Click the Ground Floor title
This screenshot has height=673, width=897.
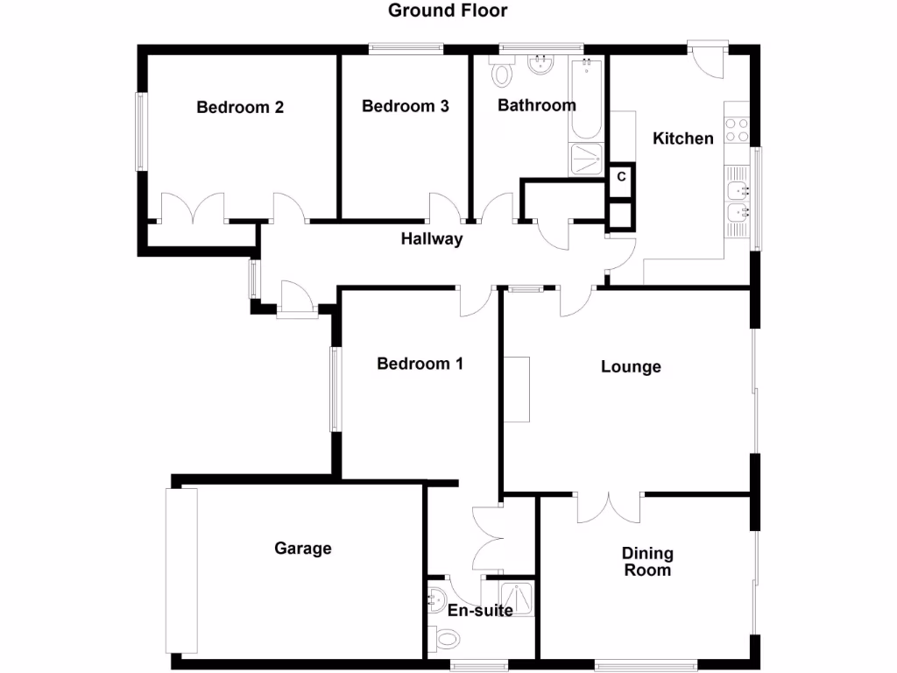click(x=448, y=11)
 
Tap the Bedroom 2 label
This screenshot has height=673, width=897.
click(x=240, y=108)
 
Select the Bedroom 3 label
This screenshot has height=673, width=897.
click(x=406, y=107)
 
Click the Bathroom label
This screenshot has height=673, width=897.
click(x=537, y=106)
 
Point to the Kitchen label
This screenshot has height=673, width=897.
click(x=683, y=138)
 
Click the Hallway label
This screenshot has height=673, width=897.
click(x=432, y=239)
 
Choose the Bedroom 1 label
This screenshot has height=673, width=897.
click(x=420, y=364)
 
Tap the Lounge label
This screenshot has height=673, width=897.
click(x=631, y=367)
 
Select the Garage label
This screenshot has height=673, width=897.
click(x=303, y=549)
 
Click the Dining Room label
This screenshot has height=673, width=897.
click(x=647, y=562)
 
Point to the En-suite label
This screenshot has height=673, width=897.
click(x=480, y=611)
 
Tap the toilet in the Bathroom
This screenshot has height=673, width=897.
click(x=502, y=74)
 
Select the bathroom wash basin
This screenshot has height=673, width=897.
click(x=540, y=63)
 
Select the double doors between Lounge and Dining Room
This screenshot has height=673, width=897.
click(x=608, y=507)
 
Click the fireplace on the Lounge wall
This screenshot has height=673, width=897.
click(x=517, y=389)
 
